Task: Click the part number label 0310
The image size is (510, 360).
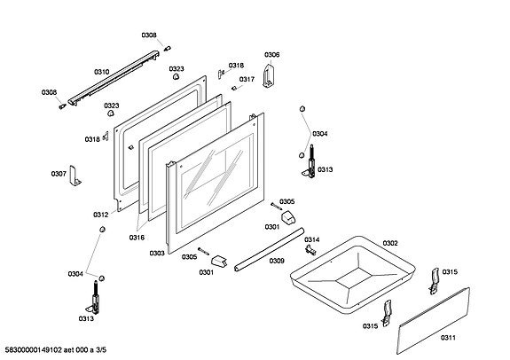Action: coord(102,72)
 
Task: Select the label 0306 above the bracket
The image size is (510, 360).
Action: coord(272,55)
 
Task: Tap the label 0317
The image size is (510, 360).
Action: coord(247,79)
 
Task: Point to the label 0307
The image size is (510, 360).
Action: coord(59,174)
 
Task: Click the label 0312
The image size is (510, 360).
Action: coord(101,215)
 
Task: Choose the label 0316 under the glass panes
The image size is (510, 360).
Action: coord(137,238)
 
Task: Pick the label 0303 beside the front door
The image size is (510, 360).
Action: coord(157,253)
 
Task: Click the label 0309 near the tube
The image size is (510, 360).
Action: coord(277,261)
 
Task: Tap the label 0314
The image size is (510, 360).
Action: coord(312,239)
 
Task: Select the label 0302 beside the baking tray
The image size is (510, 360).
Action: coord(390,243)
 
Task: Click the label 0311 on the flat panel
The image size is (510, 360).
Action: coord(448,338)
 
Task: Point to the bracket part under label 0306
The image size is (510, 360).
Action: coord(269,76)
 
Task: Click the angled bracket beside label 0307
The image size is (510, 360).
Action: coord(75,176)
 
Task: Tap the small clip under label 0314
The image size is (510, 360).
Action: coord(310,250)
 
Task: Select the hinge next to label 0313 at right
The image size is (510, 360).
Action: coord(310,161)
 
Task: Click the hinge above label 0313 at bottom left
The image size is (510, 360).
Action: coord(94,298)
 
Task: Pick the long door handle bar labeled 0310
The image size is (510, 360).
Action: coord(114,78)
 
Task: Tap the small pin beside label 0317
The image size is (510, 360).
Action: coord(233,88)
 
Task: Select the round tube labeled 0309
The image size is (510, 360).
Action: coord(270,249)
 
